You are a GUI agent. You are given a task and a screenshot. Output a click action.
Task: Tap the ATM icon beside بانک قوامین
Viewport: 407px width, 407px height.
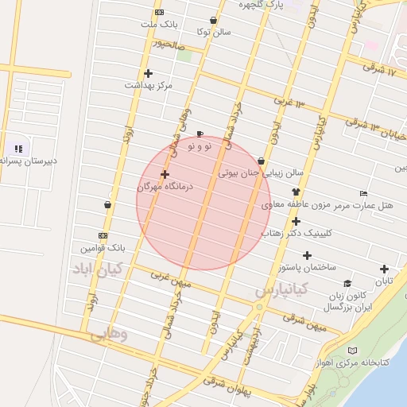[103, 235]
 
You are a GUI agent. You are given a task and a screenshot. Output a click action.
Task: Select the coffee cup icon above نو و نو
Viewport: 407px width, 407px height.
[200, 134]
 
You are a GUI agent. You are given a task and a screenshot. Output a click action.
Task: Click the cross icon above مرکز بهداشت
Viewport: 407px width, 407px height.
[148, 73]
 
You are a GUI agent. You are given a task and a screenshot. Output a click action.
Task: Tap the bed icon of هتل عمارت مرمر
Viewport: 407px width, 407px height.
[364, 193]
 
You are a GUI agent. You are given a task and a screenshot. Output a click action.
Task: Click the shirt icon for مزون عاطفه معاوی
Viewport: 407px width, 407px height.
[296, 191]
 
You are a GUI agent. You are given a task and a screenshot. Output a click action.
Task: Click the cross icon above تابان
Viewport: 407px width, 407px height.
[385, 269]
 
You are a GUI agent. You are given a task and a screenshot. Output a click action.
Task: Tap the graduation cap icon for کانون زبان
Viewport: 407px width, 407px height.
[347, 284]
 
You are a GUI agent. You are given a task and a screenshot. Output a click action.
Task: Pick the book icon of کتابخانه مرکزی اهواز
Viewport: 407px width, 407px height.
[352, 350]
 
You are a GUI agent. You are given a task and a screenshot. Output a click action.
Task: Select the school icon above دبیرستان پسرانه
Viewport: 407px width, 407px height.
[17, 148]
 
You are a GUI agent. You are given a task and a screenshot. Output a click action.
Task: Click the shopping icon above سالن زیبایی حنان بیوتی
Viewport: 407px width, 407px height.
[261, 161]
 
